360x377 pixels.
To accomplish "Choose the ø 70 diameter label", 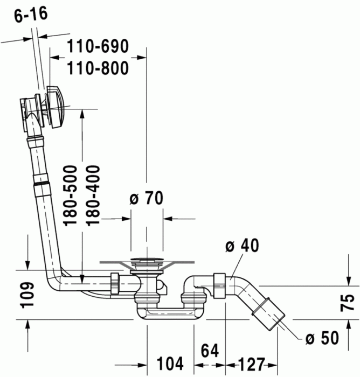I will (146, 199).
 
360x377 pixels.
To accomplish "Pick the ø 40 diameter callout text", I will (242, 246).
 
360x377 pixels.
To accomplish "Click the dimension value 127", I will (251, 362).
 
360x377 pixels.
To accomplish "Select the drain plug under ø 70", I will (146, 264).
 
